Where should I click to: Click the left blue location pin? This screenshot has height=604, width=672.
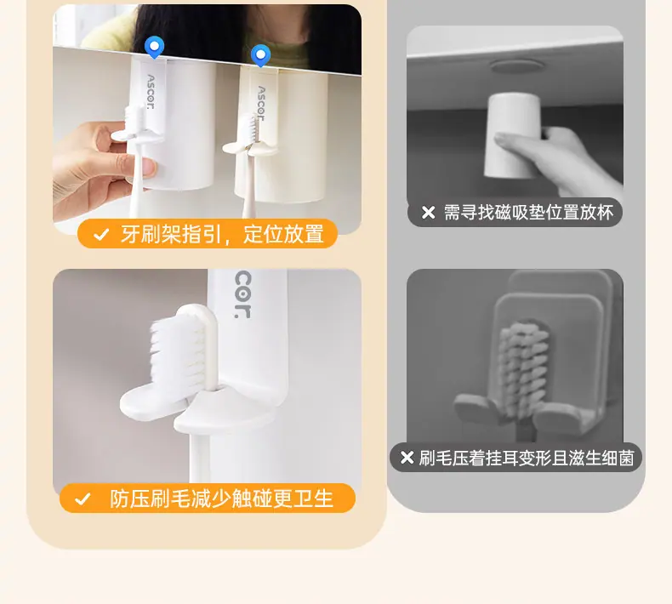pos(154,47)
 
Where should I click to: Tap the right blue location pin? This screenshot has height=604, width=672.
pos(260,55)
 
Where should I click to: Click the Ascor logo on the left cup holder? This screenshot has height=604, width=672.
pos(151,92)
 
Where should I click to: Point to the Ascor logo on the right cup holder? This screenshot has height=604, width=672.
pos(260,103)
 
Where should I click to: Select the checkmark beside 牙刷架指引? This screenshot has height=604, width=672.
pos(101,235)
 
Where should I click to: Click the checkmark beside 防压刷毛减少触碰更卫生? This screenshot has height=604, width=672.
pos(83,499)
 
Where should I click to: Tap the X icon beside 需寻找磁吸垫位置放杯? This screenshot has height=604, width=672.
pos(428,212)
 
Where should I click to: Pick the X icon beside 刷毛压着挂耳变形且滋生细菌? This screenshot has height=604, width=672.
pos(407,458)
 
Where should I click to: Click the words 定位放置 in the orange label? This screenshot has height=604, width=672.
pos(283,234)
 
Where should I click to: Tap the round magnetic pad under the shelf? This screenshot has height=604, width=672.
pos(517,66)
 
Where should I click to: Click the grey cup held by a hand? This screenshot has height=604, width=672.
pos(512,135)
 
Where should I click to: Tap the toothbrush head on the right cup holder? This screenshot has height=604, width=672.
pos(250,129)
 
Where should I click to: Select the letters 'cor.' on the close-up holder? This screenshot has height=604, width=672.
pos(243,295)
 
